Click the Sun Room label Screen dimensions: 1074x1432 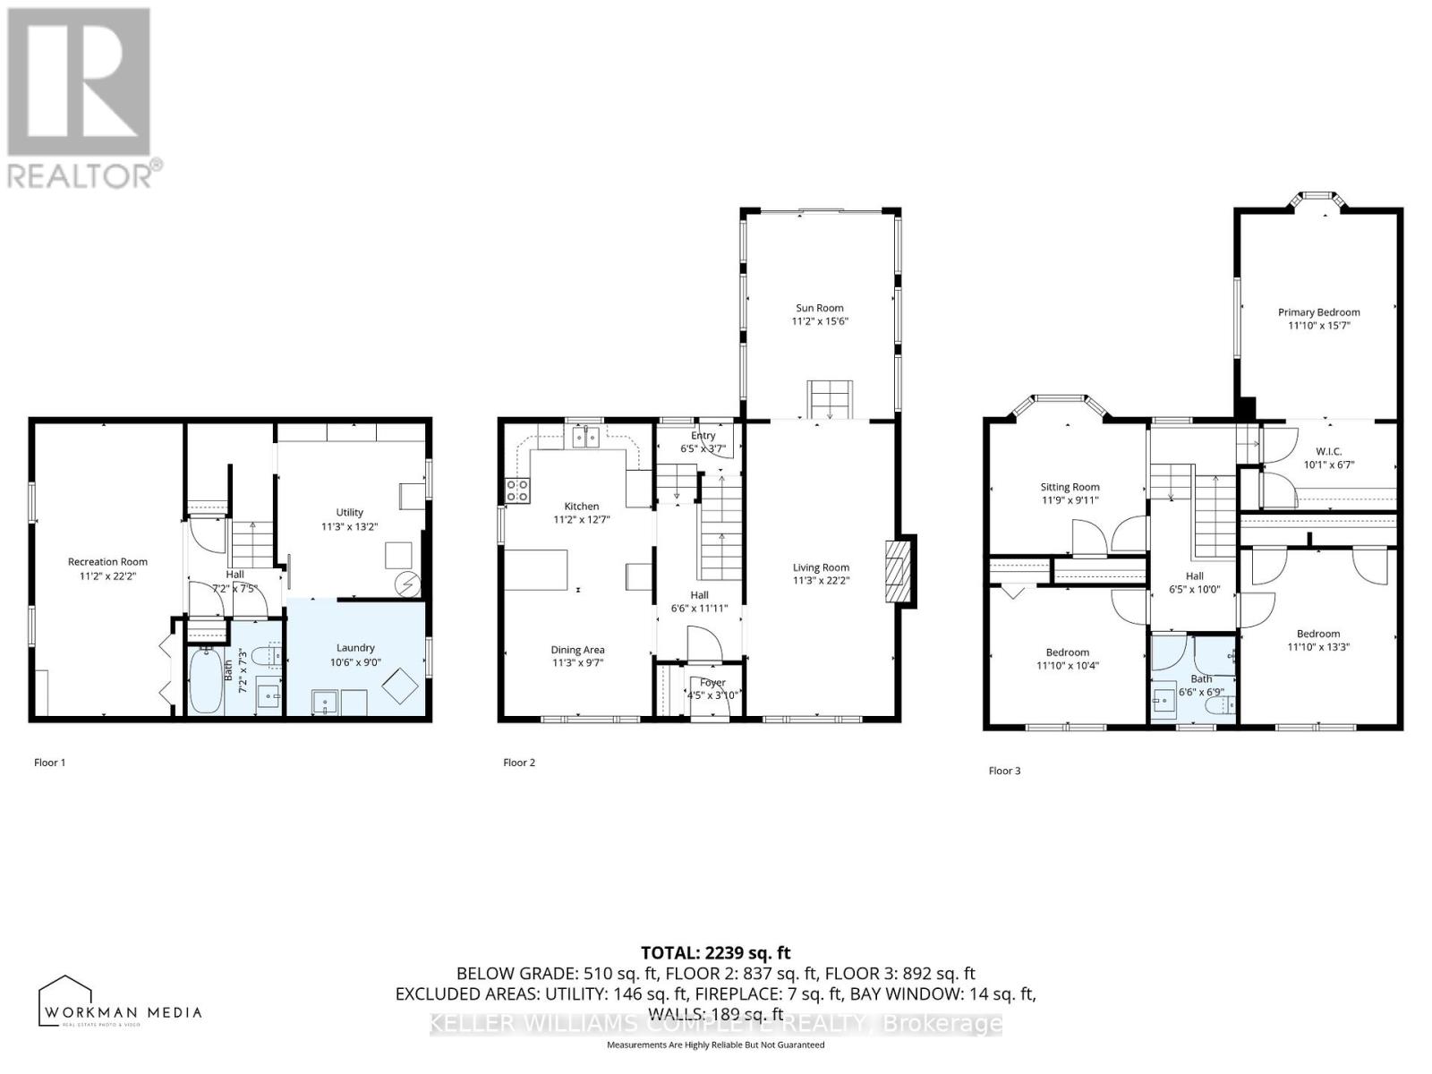pyautogui.click(x=819, y=308)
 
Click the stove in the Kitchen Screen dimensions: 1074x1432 pyautogui.click(x=517, y=490)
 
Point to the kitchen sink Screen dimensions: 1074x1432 pyautogui.click(x=585, y=438)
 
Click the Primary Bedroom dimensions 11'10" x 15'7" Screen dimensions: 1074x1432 pyautogui.click(x=1318, y=326)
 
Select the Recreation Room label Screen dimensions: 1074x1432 pyautogui.click(x=107, y=562)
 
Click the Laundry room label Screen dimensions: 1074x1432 pyautogui.click(x=355, y=648)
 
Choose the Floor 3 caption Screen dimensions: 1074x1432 pyautogui.click(x=1004, y=771)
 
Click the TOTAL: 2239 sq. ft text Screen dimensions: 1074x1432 pyautogui.click(x=715, y=953)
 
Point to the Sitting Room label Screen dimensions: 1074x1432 pyautogui.click(x=1070, y=488)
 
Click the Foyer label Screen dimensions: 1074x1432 pyautogui.click(x=712, y=683)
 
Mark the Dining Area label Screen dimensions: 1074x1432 pyautogui.click(x=577, y=650)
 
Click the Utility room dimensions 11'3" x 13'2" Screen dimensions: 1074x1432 pyautogui.click(x=349, y=526)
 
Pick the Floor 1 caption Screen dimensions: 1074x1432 pyautogui.click(x=50, y=763)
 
